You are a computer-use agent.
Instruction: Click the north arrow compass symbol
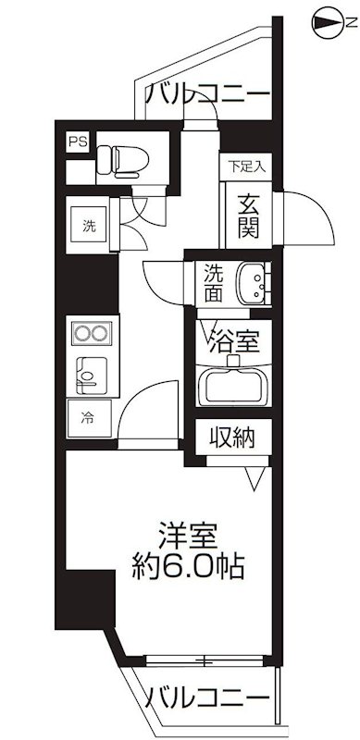coord(330,19)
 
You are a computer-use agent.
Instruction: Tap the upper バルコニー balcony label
coord(208,94)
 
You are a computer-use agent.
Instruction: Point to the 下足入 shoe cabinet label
coord(247,167)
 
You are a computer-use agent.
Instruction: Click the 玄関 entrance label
coord(247,216)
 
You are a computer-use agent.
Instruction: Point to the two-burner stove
coord(89,333)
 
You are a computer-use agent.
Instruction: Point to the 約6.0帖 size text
coord(190,565)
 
